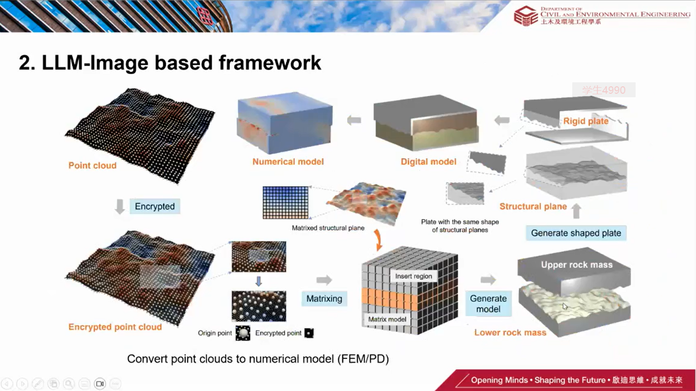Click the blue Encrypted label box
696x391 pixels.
pos(155,206)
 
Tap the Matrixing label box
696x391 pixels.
pos(324,298)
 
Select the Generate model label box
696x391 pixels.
pos(488,303)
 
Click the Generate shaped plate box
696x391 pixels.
pos(576,233)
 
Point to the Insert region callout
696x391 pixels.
pos(413,276)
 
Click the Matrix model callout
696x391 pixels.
pos(387,319)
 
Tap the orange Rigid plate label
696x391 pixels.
pos(586,121)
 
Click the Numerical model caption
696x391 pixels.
pos(288,162)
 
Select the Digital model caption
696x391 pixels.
pos(429,162)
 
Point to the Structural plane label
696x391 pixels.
pos(533,206)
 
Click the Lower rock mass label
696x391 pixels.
pos(510,333)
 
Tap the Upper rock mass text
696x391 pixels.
pos(577,265)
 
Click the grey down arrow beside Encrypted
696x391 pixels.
pos(120,206)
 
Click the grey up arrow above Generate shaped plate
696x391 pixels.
pos(576,211)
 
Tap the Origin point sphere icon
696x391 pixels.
pos(243,333)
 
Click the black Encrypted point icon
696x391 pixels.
pos(309,333)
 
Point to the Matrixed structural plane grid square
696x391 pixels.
pos(285,202)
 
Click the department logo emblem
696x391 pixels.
pos(526,15)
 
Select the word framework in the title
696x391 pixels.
pos(270,63)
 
